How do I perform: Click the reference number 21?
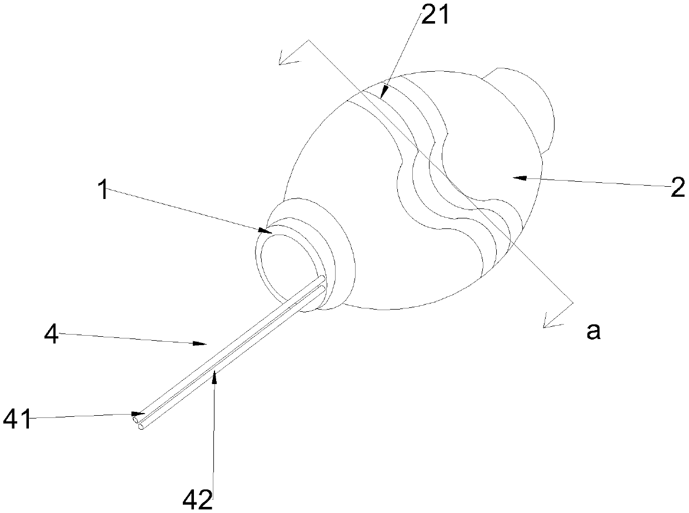click(x=437, y=16)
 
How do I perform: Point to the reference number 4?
click(x=52, y=335)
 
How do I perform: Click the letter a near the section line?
click(x=593, y=332)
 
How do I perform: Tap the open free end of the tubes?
click(x=139, y=425)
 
